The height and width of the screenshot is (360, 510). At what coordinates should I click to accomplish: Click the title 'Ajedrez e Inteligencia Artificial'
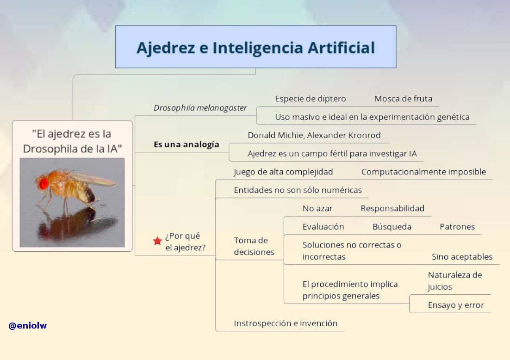(x=255, y=48)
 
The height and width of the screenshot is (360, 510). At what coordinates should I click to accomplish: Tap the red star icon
(x=157, y=241)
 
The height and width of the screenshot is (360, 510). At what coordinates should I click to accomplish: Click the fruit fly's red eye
(x=44, y=183)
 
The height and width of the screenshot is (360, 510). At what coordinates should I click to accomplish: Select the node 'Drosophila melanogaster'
(x=200, y=108)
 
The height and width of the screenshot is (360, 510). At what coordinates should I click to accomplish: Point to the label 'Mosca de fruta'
(x=403, y=99)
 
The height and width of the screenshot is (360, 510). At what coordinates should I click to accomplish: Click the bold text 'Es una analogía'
(x=187, y=144)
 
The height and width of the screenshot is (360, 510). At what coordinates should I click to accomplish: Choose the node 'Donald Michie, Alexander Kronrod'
(x=314, y=135)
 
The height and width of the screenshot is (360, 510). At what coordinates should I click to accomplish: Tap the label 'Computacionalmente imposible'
(x=423, y=172)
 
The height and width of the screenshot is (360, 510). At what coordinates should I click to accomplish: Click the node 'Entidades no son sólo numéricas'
(x=298, y=190)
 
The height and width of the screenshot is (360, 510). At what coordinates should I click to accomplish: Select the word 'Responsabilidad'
(x=392, y=208)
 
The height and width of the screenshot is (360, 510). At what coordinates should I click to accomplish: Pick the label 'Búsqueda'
(x=392, y=227)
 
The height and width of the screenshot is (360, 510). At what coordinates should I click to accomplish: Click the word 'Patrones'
(x=457, y=227)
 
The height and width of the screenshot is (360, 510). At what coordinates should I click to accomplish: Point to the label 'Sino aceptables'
(x=462, y=257)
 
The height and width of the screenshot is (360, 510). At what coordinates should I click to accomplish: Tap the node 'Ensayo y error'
(x=456, y=305)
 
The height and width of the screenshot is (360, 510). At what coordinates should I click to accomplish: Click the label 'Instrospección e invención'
(x=286, y=323)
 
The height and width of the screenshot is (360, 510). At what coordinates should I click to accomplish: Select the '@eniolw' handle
(x=28, y=326)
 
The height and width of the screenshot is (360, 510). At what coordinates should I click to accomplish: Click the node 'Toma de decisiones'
(x=254, y=246)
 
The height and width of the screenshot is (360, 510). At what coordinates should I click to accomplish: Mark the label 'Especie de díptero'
(x=310, y=99)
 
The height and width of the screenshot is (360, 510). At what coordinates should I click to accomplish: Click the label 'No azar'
(x=317, y=208)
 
